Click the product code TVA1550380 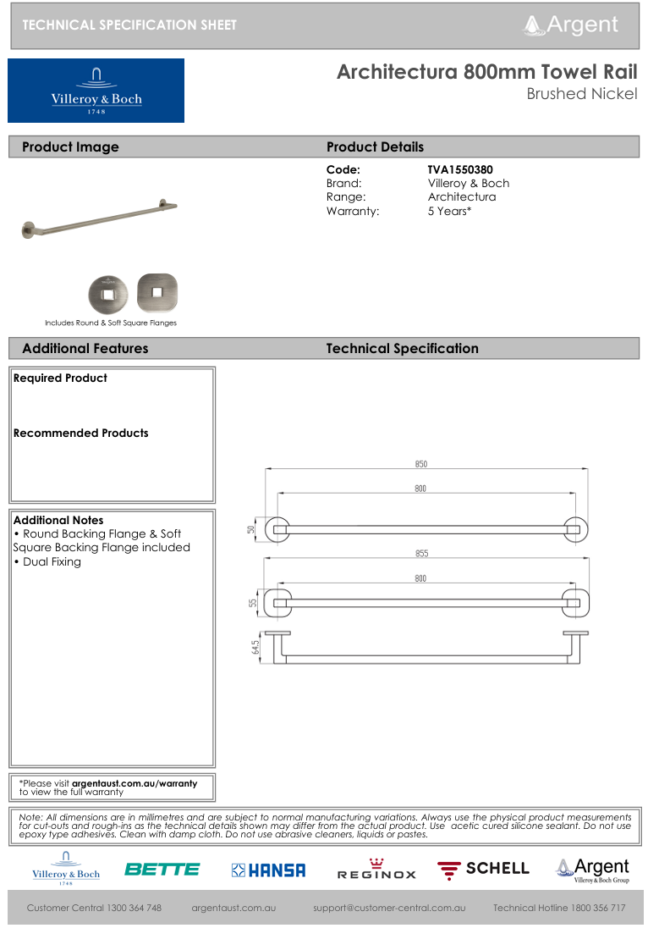click(x=460, y=169)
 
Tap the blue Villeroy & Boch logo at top click(x=96, y=91)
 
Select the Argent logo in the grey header click(x=572, y=25)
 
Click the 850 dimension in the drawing click(x=421, y=463)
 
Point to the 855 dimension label click(x=421, y=553)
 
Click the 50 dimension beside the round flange click(x=251, y=529)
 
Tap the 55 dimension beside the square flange click(x=252, y=603)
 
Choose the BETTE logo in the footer click(x=162, y=869)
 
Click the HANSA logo click(x=268, y=870)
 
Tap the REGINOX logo click(x=376, y=870)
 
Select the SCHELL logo click(x=483, y=869)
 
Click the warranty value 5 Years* click(x=449, y=211)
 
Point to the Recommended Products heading click(x=80, y=433)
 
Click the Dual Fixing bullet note click(x=51, y=561)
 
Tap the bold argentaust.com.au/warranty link click(x=134, y=783)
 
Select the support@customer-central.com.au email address click(x=389, y=908)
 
